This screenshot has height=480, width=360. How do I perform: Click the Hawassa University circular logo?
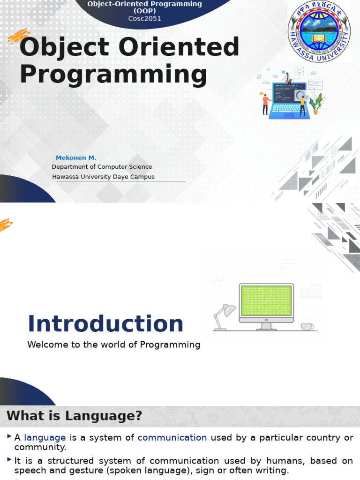pos(319,32)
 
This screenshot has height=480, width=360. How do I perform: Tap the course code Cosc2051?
pos(145,19)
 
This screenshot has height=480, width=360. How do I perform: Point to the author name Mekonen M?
pos(76,157)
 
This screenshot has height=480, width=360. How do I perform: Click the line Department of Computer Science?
pos(102,167)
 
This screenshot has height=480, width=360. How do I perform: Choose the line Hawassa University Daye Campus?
pos(103,177)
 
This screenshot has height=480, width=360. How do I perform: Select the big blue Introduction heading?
pos(105,324)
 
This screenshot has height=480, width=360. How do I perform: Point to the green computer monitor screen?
pos(266,300)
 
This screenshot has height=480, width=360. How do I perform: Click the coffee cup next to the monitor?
pos(307,326)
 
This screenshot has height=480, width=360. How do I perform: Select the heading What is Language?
pos(74,416)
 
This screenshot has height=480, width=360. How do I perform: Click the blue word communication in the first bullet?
pos(172,437)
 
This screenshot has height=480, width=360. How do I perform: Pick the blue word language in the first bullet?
pos(45,437)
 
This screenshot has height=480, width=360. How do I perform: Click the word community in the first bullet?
pos(40,447)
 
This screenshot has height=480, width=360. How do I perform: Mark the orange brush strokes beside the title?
pos(19,36)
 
